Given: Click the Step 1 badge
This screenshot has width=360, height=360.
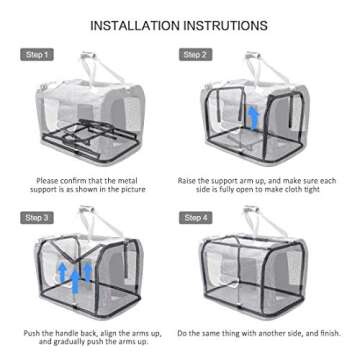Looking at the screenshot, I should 37,54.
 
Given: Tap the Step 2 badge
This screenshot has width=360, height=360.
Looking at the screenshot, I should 194,54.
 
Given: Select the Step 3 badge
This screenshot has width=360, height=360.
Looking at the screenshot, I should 37,217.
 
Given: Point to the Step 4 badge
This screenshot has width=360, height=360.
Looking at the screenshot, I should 194,217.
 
